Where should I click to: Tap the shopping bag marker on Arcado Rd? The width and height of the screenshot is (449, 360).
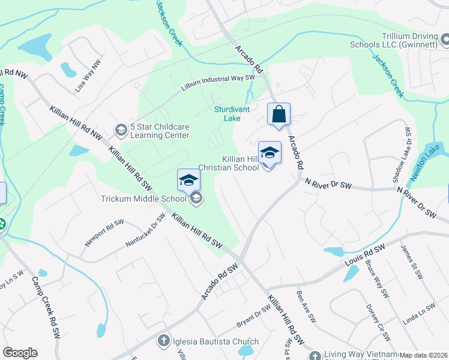pyautogui.click(x=279, y=114)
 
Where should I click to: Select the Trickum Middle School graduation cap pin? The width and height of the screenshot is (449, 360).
pyautogui.click(x=188, y=180)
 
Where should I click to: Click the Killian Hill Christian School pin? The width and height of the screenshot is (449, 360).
pyautogui.click(x=270, y=153)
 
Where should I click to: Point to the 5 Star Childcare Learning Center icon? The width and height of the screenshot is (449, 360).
pyautogui.click(x=121, y=130)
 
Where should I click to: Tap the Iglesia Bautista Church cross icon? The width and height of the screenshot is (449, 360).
pyautogui.click(x=163, y=342)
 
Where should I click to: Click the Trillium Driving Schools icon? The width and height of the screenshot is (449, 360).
pyautogui.click(x=445, y=40)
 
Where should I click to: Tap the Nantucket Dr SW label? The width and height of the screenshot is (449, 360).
pyautogui.click(x=145, y=230)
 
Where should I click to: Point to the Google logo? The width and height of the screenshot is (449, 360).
pyautogui.click(x=20, y=353)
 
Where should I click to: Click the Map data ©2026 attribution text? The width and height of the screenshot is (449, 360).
pyautogui.click(x=424, y=355)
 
